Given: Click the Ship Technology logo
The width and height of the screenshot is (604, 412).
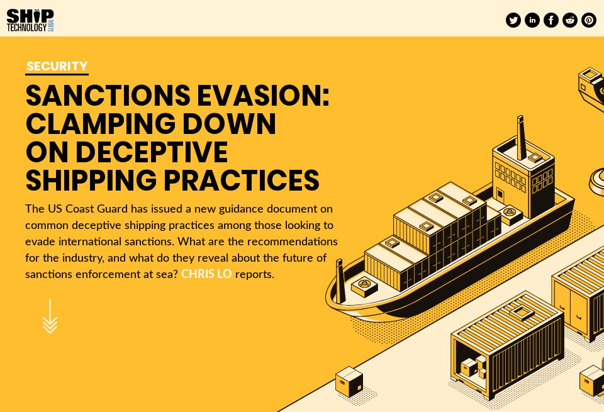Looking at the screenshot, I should (x=30, y=20).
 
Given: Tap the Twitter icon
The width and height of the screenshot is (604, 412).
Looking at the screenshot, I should (x=513, y=20).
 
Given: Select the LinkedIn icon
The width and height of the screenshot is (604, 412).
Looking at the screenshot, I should (x=532, y=20).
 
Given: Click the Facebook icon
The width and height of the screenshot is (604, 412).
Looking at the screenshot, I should (x=551, y=20).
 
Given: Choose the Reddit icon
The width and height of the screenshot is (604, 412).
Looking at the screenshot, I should (x=570, y=20).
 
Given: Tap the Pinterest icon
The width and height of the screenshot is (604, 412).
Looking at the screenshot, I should (x=589, y=20).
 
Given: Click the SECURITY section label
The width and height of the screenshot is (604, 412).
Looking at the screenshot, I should (x=57, y=66).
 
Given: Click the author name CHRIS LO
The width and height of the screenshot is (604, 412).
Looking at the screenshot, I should (x=206, y=275).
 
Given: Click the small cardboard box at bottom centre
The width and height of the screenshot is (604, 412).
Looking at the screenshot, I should (x=349, y=381).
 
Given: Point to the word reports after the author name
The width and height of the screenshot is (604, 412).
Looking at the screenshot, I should (x=254, y=275).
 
